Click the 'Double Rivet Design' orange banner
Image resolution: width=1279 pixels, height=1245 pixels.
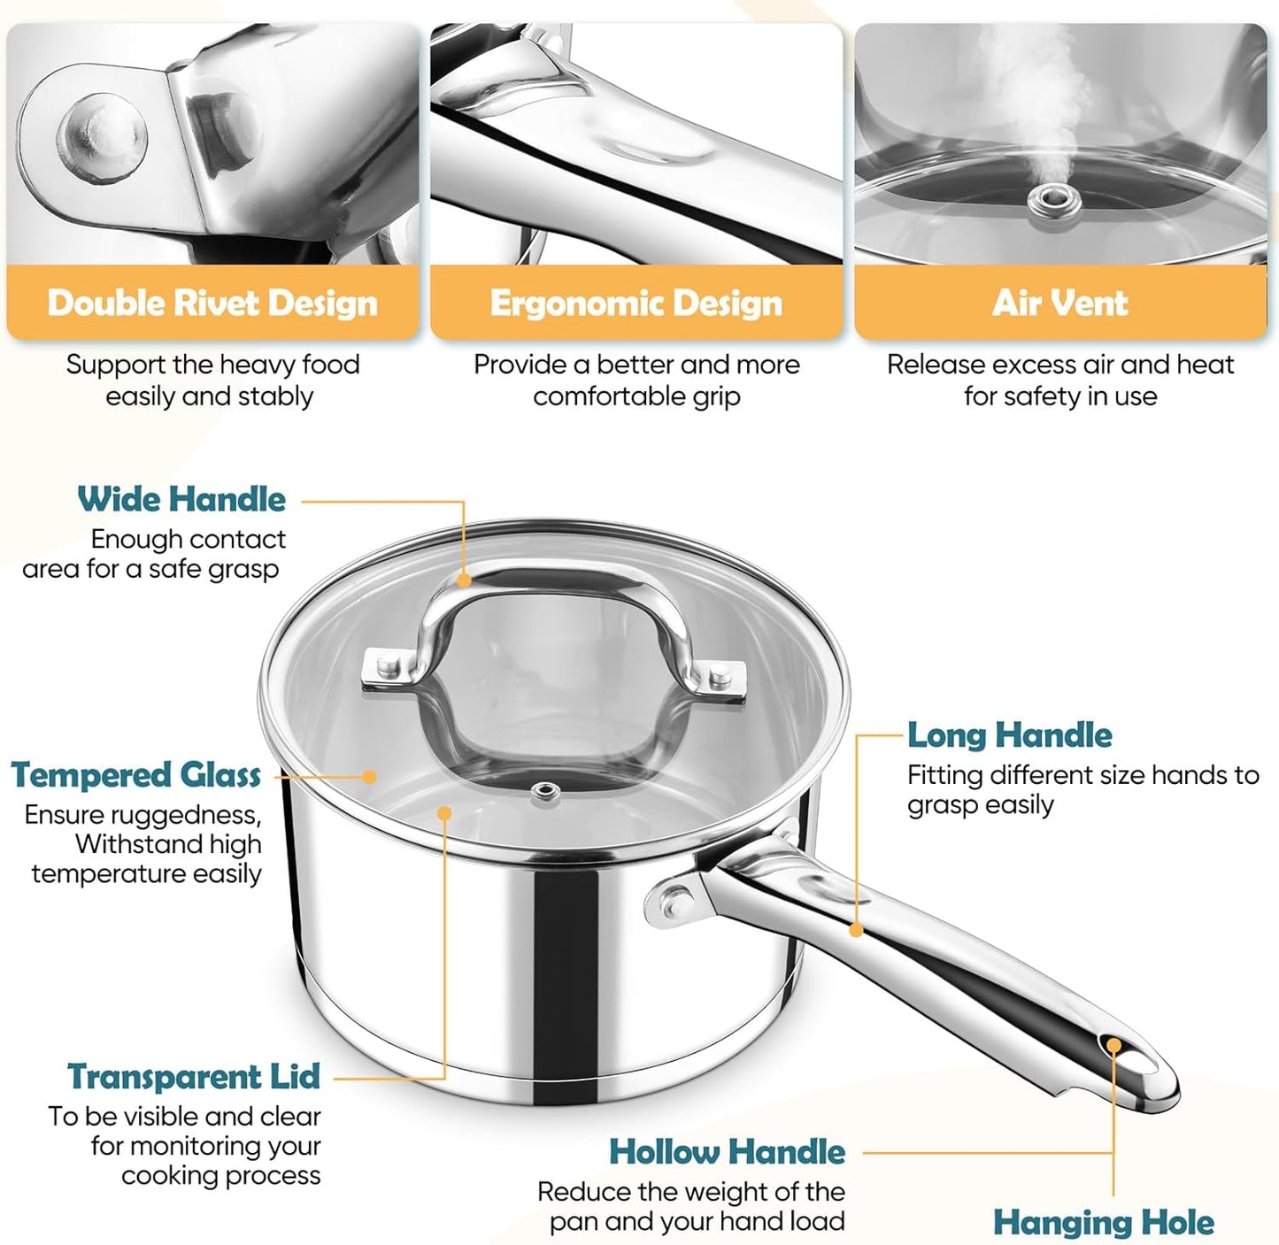212,303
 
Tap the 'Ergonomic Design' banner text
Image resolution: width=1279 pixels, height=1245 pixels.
636,303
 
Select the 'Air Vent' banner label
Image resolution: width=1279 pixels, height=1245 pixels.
1059,303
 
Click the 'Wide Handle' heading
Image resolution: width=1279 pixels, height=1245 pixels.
181,499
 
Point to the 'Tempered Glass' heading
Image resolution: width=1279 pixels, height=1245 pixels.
135,775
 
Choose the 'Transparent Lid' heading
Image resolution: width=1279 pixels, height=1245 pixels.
194,1077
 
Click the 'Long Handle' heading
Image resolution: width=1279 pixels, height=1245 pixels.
1009,735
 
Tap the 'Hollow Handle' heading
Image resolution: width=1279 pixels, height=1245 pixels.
727,1152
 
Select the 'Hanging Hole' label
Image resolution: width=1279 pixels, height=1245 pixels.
1103,1223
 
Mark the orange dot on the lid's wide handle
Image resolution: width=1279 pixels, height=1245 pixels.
464,580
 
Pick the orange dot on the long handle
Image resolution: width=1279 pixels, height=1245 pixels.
856,930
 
